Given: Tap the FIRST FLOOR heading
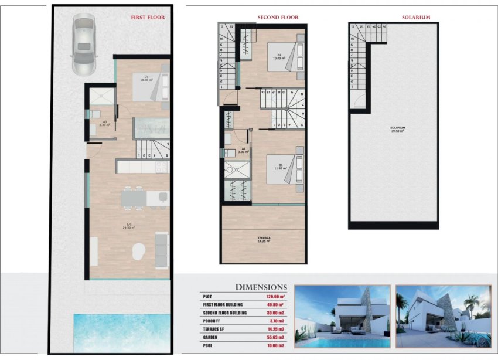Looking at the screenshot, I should click(x=148, y=18).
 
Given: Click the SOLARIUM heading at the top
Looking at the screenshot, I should click(x=416, y=18).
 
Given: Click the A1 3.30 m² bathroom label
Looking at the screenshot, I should click(x=243, y=151).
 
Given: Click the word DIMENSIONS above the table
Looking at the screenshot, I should click(x=261, y=287).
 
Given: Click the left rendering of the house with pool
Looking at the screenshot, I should click(x=342, y=317).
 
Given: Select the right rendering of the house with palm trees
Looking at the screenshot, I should click(x=443, y=317).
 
